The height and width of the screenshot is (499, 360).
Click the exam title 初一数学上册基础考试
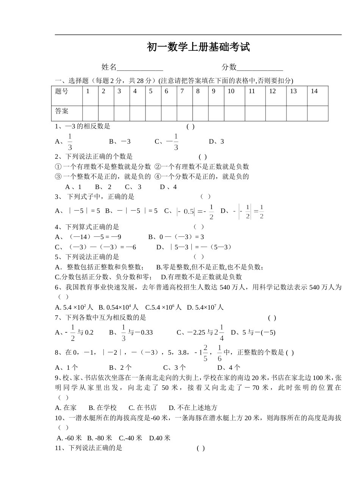pyautogui.click(x=198, y=47)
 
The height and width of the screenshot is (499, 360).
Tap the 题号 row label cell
pyautogui.click(x=67, y=96)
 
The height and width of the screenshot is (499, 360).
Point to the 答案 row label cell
pyautogui.click(x=67, y=113)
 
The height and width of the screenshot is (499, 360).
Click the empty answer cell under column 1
pyautogui.click(x=90, y=113)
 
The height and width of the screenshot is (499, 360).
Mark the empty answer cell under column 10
pyautogui.click(x=234, y=113)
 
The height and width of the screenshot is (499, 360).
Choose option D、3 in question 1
pyautogui.click(x=216, y=142)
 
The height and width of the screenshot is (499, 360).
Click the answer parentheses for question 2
pyautogui.click(x=203, y=156)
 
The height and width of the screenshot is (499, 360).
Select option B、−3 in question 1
pyautogui.click(x=120, y=142)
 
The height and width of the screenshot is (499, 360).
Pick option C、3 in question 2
pyautogui.click(x=133, y=187)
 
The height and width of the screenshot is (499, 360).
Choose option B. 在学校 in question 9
pyautogui.click(x=103, y=408)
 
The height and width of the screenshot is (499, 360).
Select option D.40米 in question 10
pyautogui.click(x=160, y=438)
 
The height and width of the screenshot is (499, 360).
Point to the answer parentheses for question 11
pyautogui.click(x=201, y=448)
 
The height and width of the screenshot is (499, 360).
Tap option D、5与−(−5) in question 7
pyautogui.click(x=253, y=333)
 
